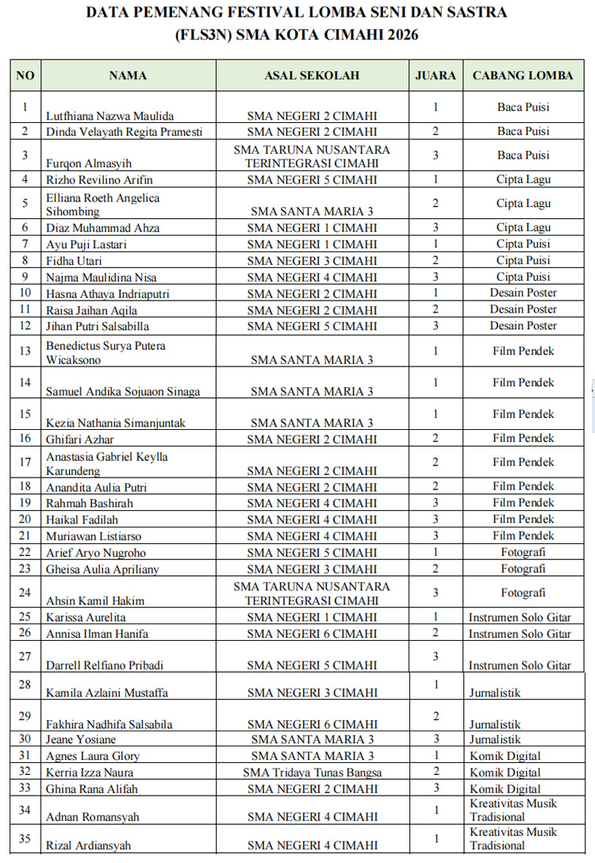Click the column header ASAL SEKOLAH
[x=312, y=76]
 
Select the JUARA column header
[x=436, y=76]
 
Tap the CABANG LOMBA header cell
[x=523, y=76]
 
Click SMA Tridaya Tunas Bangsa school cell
[x=312, y=773]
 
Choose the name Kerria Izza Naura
[x=90, y=773]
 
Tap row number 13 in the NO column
[x=25, y=351]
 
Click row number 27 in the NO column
[x=25, y=656]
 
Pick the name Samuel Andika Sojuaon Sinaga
[x=123, y=392]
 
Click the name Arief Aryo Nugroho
[x=96, y=553]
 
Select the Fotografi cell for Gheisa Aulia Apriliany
[x=523, y=569]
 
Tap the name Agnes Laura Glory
[x=94, y=756]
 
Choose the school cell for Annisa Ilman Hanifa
[x=312, y=634]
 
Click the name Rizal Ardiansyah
[x=89, y=846]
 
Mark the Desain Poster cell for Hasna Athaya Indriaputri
[x=523, y=293]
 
